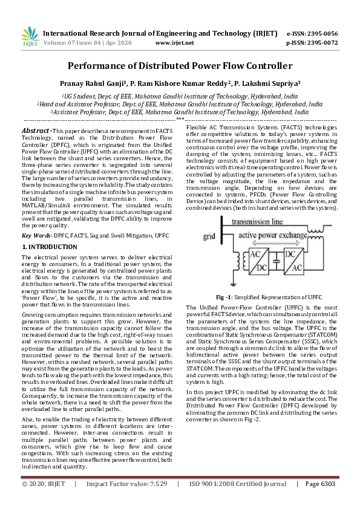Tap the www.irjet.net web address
(x=175, y=43)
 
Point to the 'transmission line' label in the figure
(x=262, y=221)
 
